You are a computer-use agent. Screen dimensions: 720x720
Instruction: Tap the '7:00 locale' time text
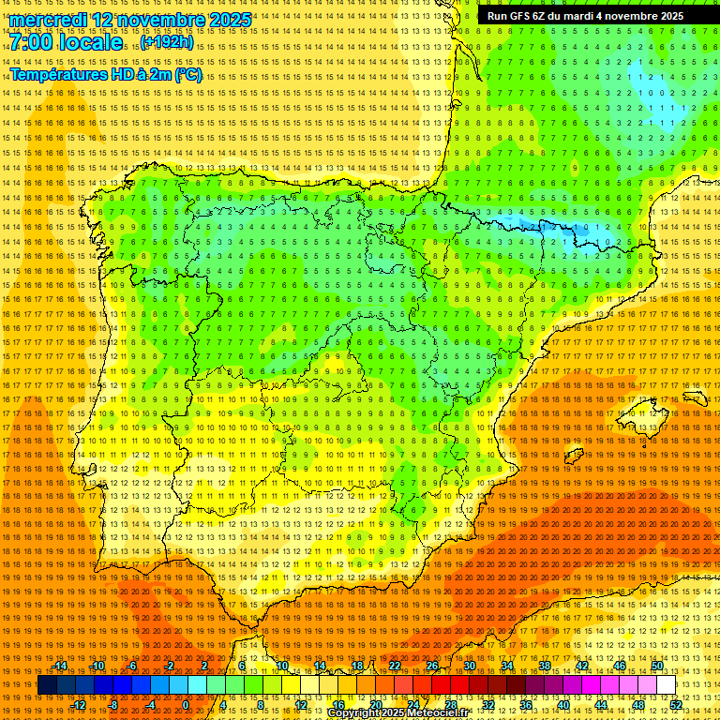[x=67, y=43]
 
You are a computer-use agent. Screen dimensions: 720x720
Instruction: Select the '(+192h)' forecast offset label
[x=167, y=42]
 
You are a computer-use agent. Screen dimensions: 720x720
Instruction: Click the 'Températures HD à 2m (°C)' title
[x=106, y=74]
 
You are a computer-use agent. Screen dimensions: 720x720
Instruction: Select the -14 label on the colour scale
[x=61, y=666]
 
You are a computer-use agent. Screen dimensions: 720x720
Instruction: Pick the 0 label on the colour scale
[x=186, y=705]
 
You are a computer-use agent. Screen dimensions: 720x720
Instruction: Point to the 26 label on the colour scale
[x=431, y=666]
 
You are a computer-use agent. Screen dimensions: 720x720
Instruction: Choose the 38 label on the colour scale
[x=544, y=666]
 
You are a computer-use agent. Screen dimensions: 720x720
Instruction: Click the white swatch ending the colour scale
[x=667, y=685]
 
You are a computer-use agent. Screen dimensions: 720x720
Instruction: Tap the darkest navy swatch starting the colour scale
[x=47, y=685]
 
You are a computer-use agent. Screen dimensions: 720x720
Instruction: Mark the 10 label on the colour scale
[x=281, y=666]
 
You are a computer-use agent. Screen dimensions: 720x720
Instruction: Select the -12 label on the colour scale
[x=79, y=705]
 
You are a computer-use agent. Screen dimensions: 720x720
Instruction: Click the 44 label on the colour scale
[x=601, y=705]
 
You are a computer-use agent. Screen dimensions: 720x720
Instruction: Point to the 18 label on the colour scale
[x=356, y=666]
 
